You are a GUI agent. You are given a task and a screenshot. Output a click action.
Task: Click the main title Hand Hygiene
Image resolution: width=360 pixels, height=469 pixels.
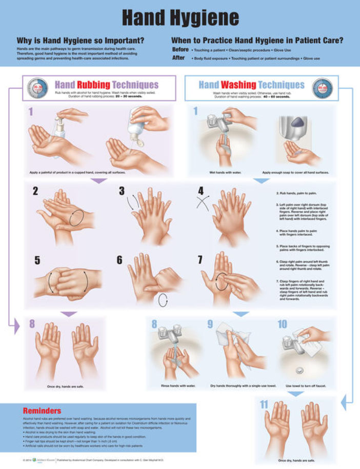coord(180,17)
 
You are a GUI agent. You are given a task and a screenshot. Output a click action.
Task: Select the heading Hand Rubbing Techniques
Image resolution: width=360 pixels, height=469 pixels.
coord(106,85)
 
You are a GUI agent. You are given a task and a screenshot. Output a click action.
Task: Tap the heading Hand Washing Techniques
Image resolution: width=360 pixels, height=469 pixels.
coord(251,85)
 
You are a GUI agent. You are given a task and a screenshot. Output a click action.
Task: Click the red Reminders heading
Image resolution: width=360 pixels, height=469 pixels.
coord(42,410)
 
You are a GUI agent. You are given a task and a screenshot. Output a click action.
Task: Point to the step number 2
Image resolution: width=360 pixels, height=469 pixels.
coord(35,191)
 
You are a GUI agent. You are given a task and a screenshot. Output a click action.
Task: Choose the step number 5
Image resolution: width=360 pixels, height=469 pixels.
coord(37,260)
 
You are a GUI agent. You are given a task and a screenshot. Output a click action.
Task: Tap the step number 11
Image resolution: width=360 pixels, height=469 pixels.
coord(264,405)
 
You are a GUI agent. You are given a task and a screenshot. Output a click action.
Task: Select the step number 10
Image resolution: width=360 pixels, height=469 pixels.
coord(283,324)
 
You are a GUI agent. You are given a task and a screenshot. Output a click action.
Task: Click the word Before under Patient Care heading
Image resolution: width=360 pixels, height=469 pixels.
coord(180,50)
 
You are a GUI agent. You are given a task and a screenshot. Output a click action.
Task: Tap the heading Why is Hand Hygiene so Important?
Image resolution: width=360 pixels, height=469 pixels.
coord(80,40)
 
